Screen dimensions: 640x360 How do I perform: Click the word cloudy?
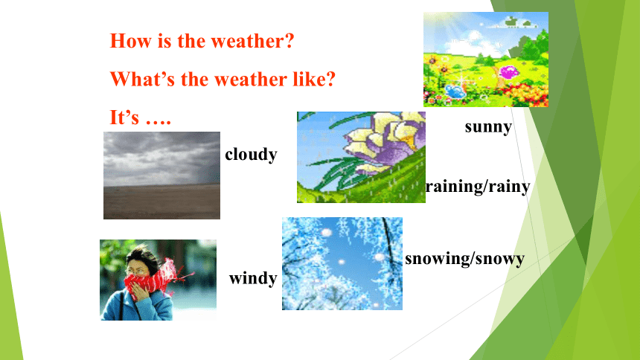click(x=251, y=155)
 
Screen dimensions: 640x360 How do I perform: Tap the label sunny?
click(x=488, y=127)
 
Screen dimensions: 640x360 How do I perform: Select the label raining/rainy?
click(x=478, y=187)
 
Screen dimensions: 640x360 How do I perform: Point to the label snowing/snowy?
click(x=464, y=259)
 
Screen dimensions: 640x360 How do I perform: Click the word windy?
click(x=253, y=278)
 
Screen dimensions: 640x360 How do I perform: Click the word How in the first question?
click(x=130, y=41)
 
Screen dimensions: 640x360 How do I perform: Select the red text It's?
click(x=124, y=117)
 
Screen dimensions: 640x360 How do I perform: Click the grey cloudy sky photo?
click(x=161, y=176)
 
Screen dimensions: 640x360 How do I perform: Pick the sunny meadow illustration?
click(x=486, y=60)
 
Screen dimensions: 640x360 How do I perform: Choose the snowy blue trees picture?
click(x=342, y=263)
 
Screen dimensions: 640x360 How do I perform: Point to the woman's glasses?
click(x=137, y=271)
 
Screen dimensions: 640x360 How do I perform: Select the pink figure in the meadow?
click(x=508, y=73)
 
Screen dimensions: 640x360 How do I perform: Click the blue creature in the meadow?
click(x=455, y=91)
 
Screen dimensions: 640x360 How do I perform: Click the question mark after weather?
click(x=289, y=41)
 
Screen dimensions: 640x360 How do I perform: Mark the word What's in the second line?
click(x=142, y=79)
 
